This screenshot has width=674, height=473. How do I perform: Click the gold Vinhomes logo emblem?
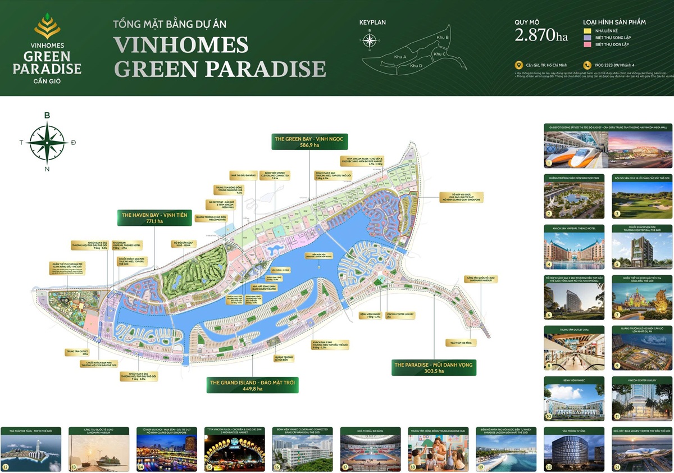pyautogui.click(x=47, y=26)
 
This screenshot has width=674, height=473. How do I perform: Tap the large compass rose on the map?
pyautogui.click(x=47, y=142)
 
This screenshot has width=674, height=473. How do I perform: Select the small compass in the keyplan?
pyautogui.click(x=370, y=40)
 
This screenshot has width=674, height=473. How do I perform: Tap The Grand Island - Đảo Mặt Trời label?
pyautogui.click(x=253, y=385)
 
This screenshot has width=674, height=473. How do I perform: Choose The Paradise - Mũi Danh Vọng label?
pyautogui.click(x=434, y=368)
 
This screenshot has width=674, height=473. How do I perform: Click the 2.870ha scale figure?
pyautogui.click(x=541, y=35)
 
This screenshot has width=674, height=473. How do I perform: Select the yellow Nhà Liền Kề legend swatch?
pyautogui.click(x=588, y=31)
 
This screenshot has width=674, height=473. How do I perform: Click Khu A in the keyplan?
pyautogui.click(x=400, y=57)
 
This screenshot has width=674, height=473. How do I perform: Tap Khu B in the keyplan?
pyautogui.click(x=443, y=37)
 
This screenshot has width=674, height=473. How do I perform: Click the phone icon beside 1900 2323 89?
pyautogui.click(x=588, y=65)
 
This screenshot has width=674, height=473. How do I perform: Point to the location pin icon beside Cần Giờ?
pyautogui.click(x=518, y=65)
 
